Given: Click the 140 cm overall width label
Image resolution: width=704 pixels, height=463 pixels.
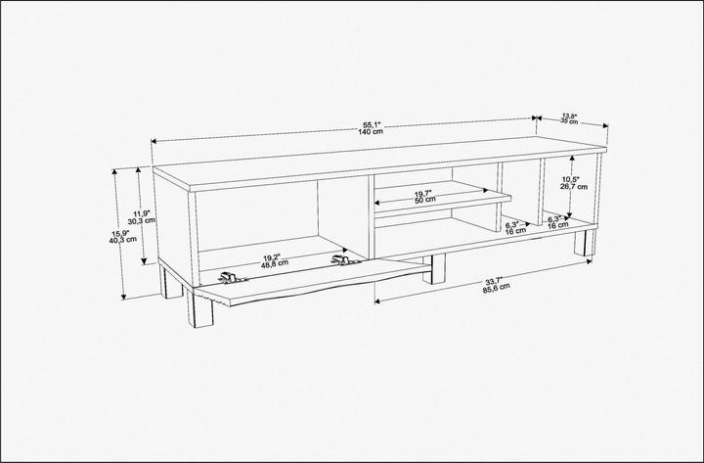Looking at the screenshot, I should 372,131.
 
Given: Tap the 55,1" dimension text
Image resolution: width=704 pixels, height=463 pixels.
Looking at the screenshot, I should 372,123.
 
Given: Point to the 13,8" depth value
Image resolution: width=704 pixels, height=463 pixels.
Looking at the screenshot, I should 568,115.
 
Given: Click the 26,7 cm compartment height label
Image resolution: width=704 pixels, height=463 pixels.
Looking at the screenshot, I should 571,187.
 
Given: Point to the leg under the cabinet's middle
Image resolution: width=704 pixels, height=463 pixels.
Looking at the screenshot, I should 433,269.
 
